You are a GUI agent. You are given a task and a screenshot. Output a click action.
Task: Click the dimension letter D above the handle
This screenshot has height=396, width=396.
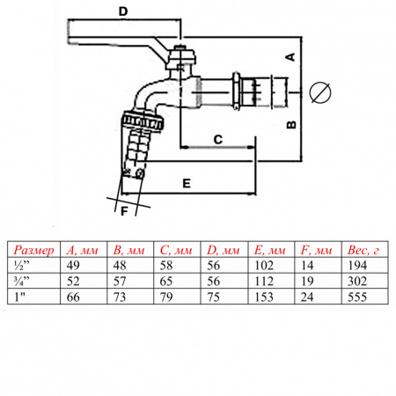coord(123,11)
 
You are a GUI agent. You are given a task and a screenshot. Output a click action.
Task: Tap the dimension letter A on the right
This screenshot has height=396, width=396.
coord(290,57)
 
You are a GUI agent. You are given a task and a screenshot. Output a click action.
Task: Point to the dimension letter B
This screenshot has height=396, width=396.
coord(291,125)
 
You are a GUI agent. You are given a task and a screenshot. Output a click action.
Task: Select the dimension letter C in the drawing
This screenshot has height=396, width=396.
coord(218,140)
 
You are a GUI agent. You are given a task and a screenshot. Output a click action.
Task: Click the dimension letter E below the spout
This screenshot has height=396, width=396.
coord(187,184)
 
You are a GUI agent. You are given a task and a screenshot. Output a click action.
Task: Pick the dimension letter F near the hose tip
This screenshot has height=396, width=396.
coord(124,211)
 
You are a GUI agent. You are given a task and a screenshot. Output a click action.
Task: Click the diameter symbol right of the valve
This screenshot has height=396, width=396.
coord(320,92)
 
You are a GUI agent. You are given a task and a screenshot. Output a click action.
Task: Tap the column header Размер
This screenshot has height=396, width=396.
coord(34,250)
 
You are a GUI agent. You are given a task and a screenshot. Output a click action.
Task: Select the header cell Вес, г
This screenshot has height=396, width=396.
coord(363,250)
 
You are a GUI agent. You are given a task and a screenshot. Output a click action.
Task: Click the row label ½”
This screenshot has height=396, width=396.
coord(22,266)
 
